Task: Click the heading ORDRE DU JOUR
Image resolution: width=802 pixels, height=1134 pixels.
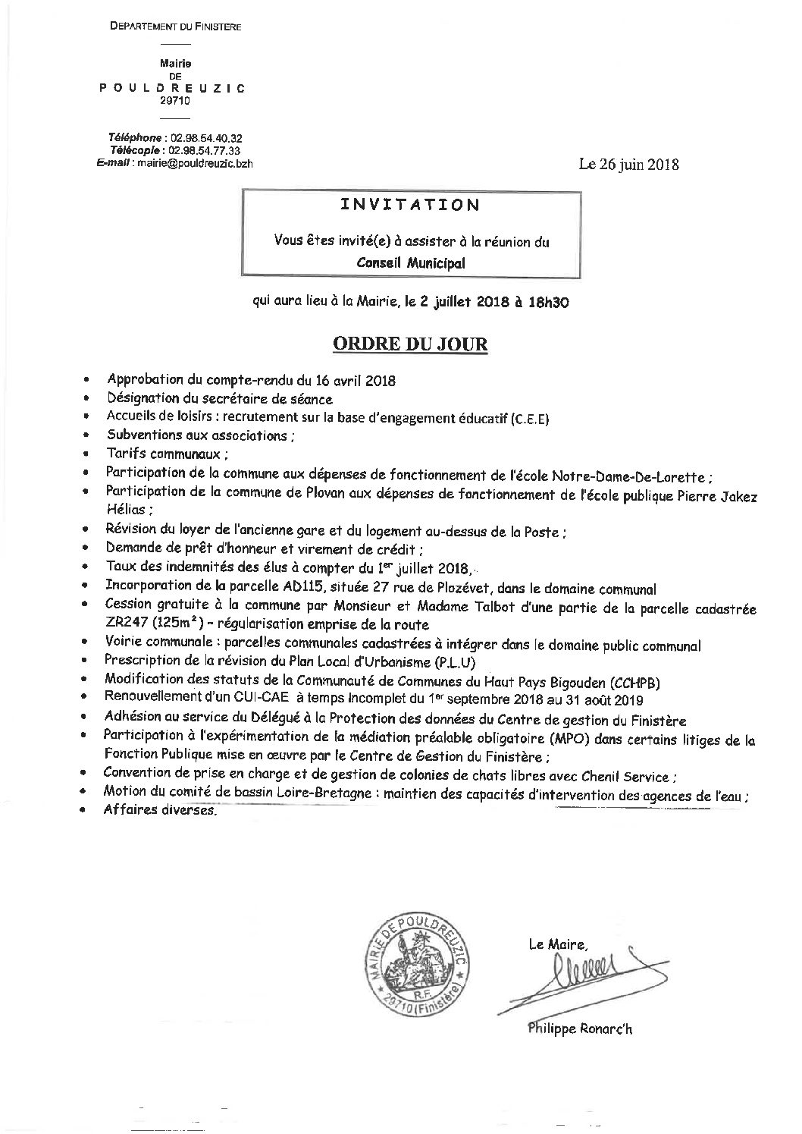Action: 411,344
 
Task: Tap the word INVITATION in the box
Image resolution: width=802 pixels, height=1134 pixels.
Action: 410,205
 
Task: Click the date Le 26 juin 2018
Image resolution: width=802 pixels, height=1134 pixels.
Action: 628,164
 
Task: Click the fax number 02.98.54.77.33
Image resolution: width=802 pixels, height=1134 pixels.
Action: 205,151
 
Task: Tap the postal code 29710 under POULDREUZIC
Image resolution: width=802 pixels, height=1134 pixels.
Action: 174,100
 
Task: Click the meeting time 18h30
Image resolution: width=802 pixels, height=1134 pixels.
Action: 545,301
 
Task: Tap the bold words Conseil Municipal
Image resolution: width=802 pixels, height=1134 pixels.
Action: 411,262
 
